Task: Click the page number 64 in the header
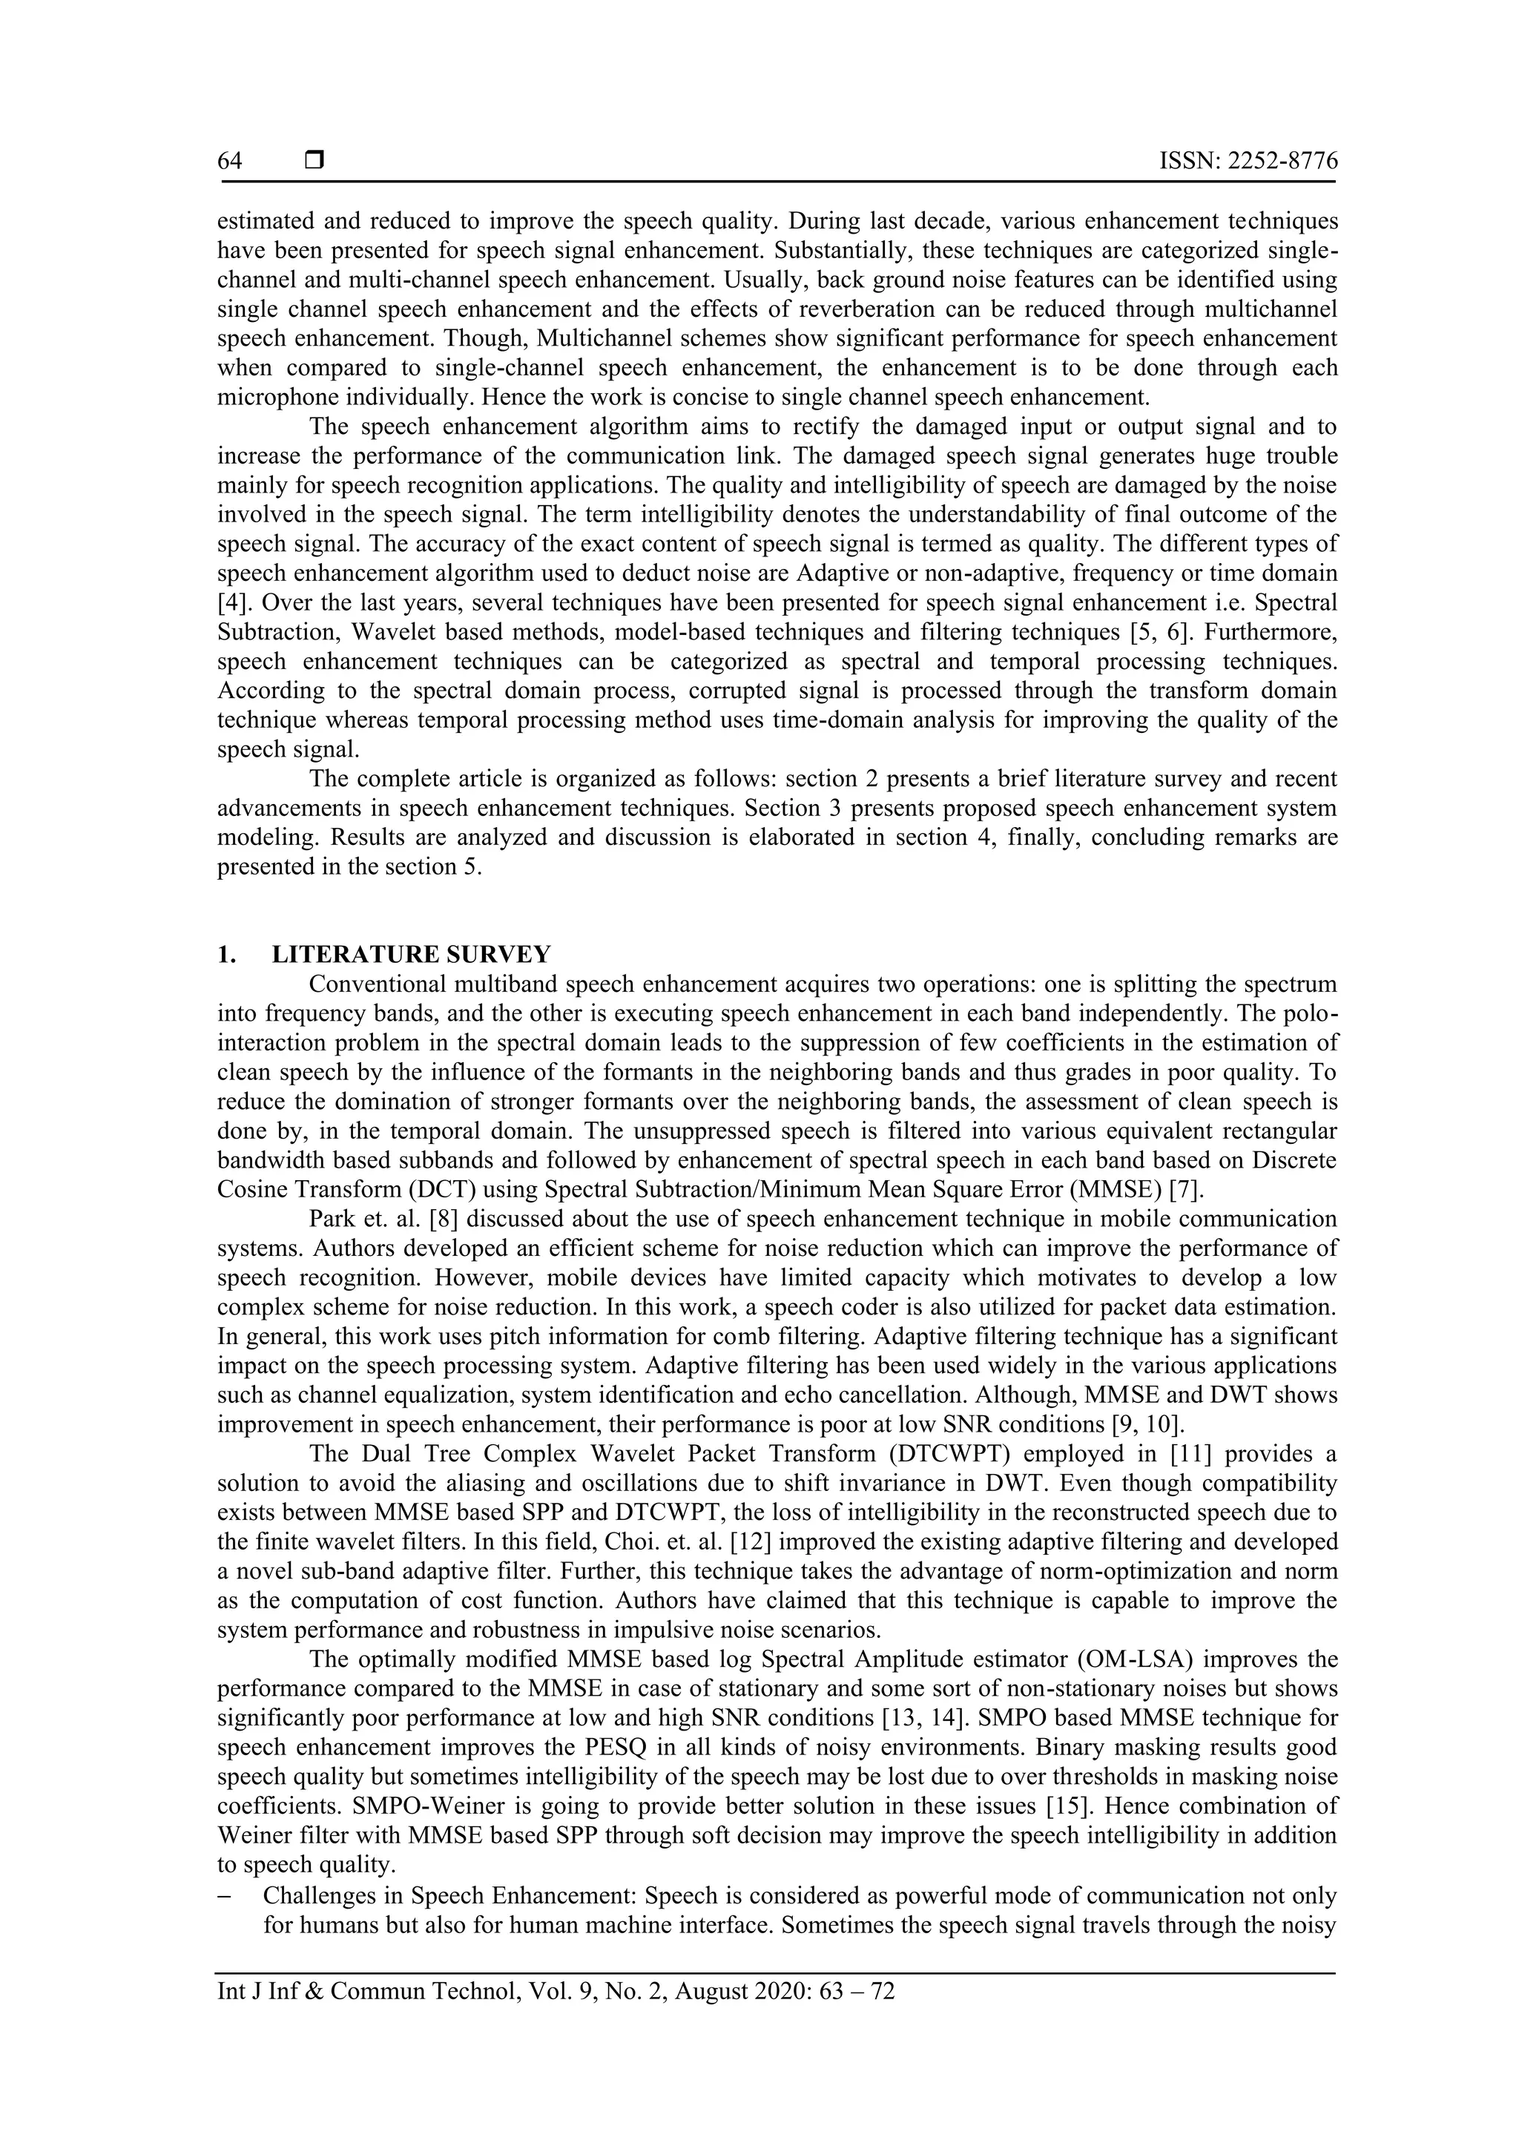229,162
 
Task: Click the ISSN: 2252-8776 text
1248,162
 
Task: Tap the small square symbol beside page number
314,161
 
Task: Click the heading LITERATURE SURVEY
411,955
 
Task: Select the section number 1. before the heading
225,955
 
